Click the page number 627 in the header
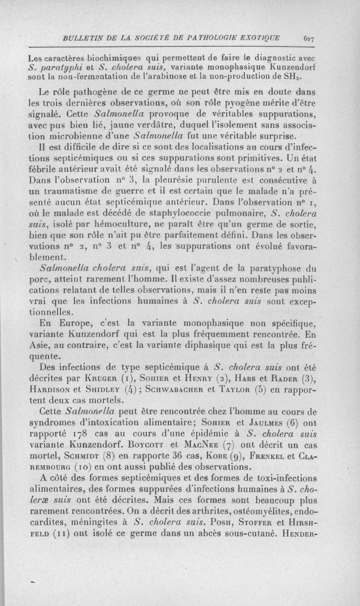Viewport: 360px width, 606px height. (x=309, y=39)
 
